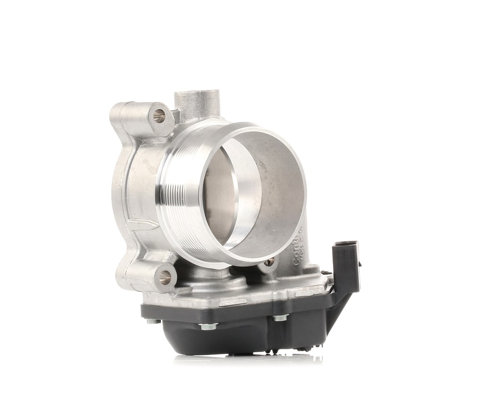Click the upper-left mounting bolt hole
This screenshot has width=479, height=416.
pos(159,116)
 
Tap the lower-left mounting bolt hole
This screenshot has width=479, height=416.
pos(165,277)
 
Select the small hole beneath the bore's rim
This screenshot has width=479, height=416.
pos(269,262)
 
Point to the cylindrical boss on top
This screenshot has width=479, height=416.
pos(197,103)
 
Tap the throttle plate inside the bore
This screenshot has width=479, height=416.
pos(221,194)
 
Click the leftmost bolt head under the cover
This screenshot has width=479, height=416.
pos(153,321)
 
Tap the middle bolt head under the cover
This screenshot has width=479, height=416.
pos(208,326)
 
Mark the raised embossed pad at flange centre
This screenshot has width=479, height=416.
pos(233,303)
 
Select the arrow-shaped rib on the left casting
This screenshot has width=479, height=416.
pos(143,224)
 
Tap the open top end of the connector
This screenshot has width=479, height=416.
pos(346,244)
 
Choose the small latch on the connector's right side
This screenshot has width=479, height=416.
pos(359,265)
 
